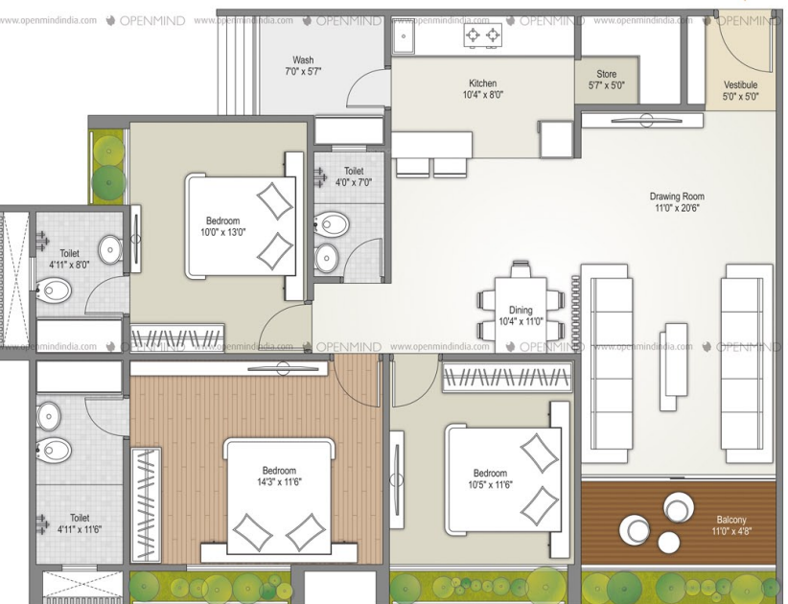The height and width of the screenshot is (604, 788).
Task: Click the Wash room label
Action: pos(302,59)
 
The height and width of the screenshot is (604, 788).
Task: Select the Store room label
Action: pos(606,74)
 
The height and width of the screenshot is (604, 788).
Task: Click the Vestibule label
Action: pos(739,84)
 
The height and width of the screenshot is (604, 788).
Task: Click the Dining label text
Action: pos(521,310)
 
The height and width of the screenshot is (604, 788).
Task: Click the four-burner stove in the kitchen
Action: pos(483,36)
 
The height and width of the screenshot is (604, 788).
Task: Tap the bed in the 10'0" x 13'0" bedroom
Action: pos(242,225)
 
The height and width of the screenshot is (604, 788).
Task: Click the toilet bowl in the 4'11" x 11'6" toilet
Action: pos(55,449)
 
